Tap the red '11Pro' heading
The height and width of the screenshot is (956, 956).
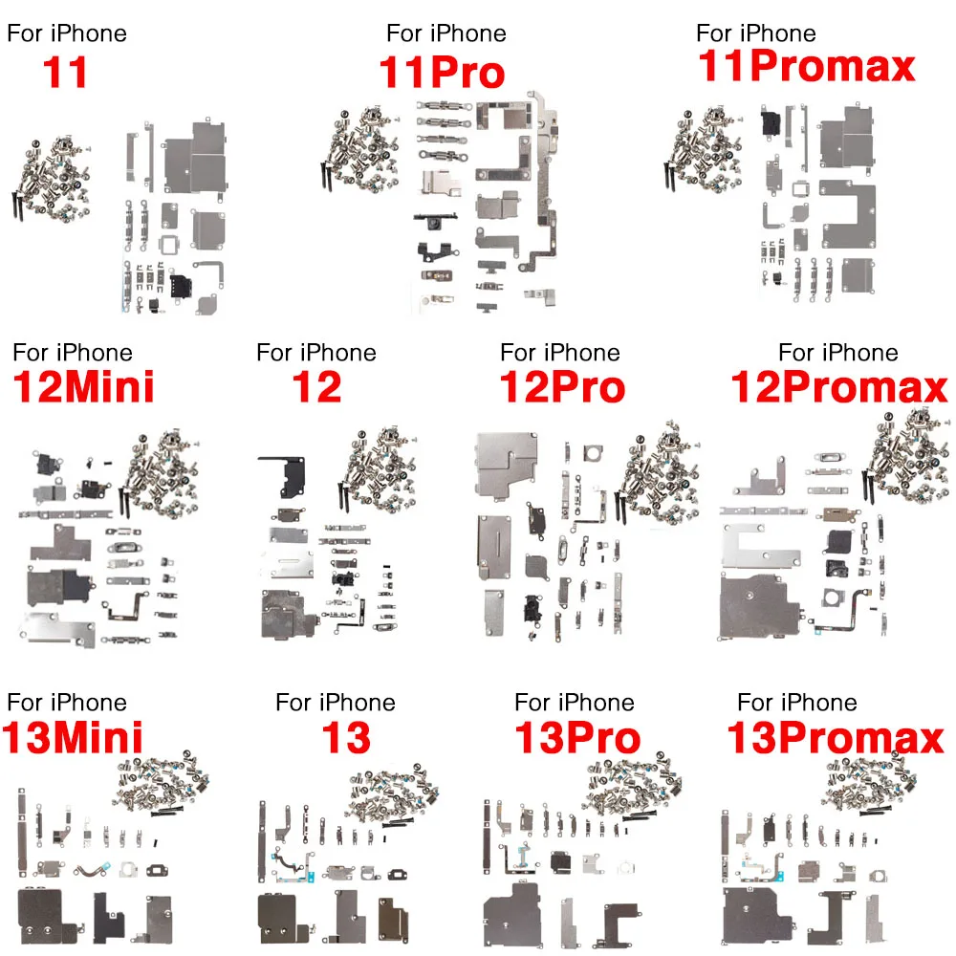click(x=442, y=74)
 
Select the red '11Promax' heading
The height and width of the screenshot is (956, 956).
click(x=807, y=67)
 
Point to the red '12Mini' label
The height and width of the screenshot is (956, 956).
click(x=83, y=388)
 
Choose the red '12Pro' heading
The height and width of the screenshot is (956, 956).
click(x=562, y=388)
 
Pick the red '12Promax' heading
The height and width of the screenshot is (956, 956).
click(x=839, y=388)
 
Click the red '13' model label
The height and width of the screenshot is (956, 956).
click(x=346, y=738)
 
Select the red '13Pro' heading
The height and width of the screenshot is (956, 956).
click(x=576, y=738)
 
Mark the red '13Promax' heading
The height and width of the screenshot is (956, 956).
click(x=835, y=738)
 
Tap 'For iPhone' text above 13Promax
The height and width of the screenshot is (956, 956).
click(x=797, y=703)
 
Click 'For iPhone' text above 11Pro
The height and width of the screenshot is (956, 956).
click(x=445, y=33)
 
